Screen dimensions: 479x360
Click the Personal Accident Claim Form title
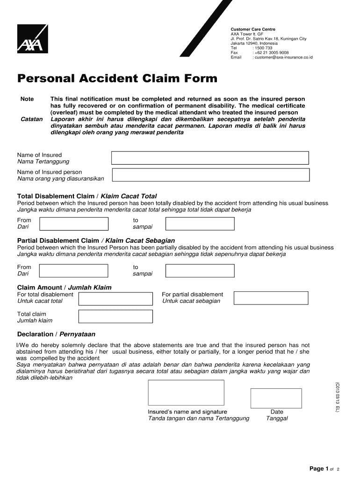point(117,79)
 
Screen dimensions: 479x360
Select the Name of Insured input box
point(210,158)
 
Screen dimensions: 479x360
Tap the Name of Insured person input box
point(210,175)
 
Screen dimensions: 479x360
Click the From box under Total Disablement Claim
point(73,224)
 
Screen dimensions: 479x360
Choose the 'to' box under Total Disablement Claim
point(200,224)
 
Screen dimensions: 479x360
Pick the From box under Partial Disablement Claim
point(73,271)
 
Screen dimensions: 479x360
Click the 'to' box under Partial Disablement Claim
point(200,271)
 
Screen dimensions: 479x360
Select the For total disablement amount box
point(115,298)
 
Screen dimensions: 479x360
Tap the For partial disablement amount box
point(271,298)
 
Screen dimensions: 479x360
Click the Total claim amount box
point(115,317)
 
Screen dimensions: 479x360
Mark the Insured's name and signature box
point(186,392)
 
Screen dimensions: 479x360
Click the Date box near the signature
point(276,398)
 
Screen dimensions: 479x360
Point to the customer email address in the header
point(283,58)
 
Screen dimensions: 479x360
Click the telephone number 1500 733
point(263,48)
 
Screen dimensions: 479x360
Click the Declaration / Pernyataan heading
point(56,334)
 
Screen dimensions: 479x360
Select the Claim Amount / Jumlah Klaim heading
point(64,287)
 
